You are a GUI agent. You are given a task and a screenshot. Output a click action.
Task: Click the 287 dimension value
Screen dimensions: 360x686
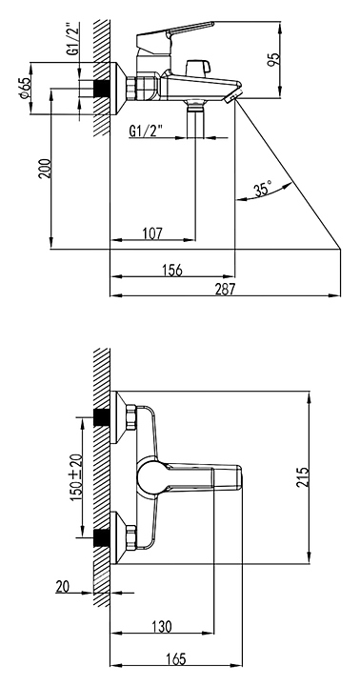pyautogui.click(x=226, y=289)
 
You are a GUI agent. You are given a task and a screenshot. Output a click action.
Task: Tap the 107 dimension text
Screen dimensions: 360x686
pyautogui.click(x=152, y=233)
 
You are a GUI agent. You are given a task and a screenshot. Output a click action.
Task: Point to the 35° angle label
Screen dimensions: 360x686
pyautogui.click(x=263, y=189)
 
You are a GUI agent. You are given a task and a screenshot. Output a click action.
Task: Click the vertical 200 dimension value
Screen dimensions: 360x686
pyautogui.click(x=45, y=168)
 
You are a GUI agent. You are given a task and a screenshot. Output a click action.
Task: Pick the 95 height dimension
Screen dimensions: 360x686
pyautogui.click(x=273, y=59)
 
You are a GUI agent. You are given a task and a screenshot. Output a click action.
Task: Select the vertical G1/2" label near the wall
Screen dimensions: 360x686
pyautogui.click(x=73, y=38)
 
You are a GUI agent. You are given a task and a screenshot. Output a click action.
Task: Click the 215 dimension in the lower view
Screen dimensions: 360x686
pyautogui.click(x=303, y=477)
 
